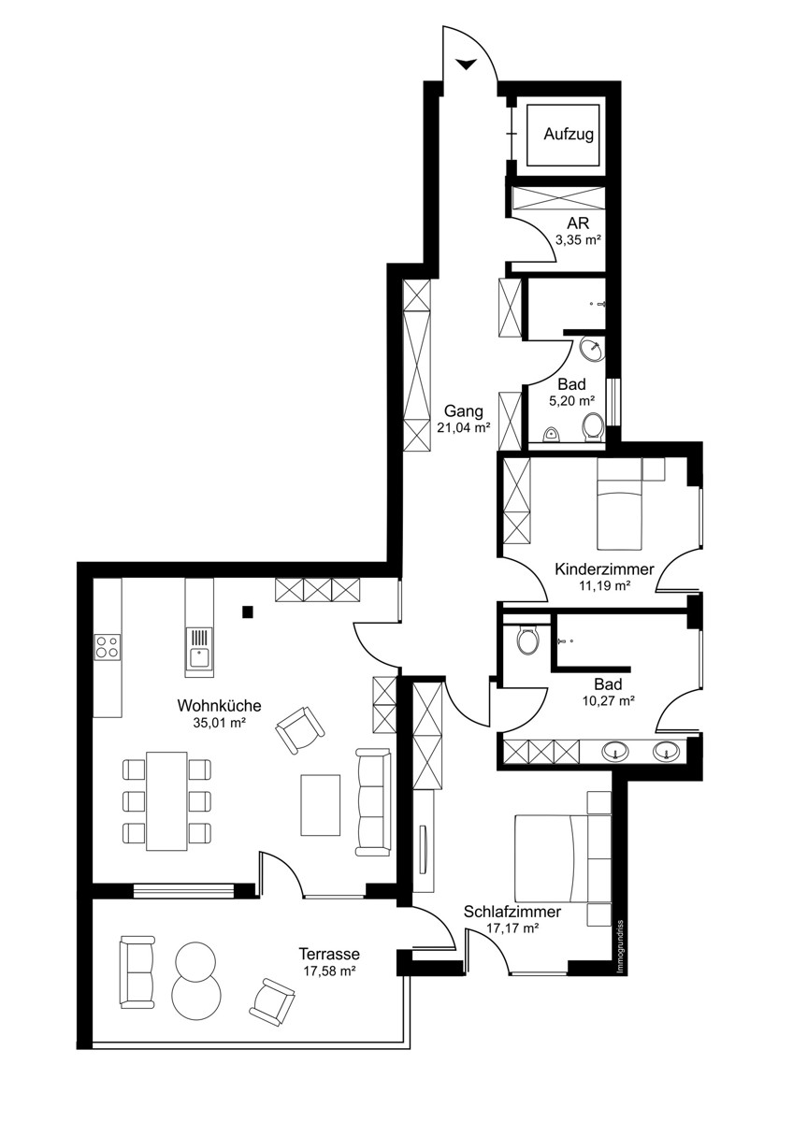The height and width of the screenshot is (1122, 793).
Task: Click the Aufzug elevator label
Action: (x=569, y=135)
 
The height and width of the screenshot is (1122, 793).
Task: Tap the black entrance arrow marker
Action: (x=466, y=65)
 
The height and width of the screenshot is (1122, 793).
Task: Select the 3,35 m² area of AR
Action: (x=578, y=240)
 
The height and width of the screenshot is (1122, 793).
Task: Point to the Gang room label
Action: (x=464, y=412)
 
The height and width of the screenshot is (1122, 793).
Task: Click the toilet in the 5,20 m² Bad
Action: (x=594, y=427)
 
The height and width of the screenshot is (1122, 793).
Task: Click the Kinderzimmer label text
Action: (x=604, y=569)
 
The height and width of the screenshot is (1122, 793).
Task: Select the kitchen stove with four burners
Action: (x=108, y=647)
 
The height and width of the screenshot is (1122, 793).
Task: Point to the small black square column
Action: (x=248, y=611)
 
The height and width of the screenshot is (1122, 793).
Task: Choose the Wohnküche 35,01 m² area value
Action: (x=220, y=724)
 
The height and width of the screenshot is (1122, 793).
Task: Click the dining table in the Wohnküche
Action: (x=166, y=801)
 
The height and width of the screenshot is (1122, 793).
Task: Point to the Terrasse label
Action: (x=329, y=953)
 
